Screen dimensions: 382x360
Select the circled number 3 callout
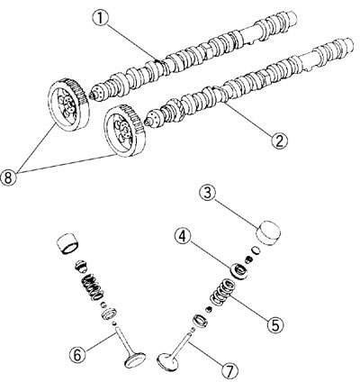(206, 193)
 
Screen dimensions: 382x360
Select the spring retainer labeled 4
(239, 268)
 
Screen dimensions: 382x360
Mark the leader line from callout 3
(236, 206)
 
